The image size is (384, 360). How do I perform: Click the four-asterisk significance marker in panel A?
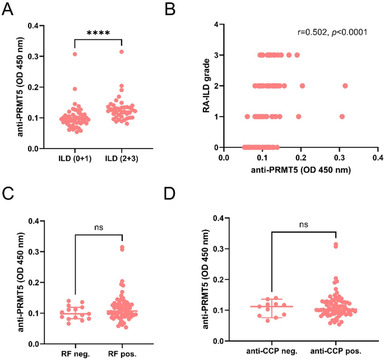pyautogui.click(x=98, y=33)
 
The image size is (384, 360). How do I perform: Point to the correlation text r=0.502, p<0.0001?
pyautogui.click(x=332, y=32)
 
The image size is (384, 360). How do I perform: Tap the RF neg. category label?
pyautogui.click(x=73, y=354)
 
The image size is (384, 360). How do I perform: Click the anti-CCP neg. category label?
pyautogui.click(x=272, y=350)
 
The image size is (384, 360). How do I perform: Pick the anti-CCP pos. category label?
pyautogui.click(x=335, y=350)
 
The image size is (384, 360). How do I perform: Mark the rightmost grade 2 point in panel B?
pyautogui.click(x=345, y=86)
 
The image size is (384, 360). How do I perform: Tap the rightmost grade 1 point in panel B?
pyautogui.click(x=342, y=117)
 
